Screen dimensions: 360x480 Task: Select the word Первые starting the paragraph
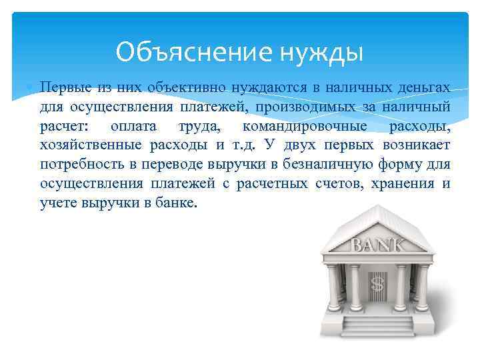(60, 87)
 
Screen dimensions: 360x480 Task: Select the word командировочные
(300, 126)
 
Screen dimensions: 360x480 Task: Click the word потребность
(79, 165)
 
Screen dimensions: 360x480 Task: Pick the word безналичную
(317, 165)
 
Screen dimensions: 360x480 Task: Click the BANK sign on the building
(377, 245)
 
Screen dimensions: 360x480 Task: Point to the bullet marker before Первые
(27, 88)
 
